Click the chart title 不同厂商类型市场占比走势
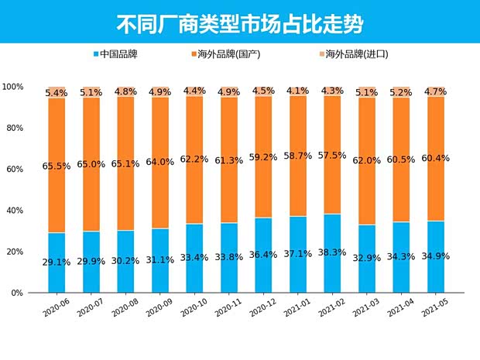point(239,22)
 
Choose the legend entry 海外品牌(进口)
point(356,54)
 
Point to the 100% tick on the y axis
point(13,86)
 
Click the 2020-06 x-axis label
point(55,310)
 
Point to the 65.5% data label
point(57,166)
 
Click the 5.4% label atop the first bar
point(57,93)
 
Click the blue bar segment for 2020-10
point(195,271)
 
